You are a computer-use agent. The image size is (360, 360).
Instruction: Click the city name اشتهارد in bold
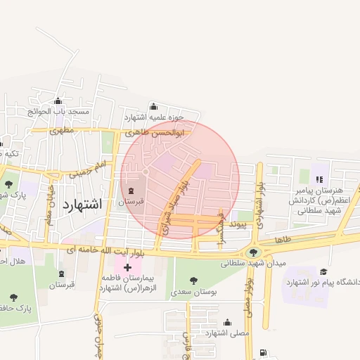(82, 204)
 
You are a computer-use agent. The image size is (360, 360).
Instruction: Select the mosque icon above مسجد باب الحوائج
(57, 101)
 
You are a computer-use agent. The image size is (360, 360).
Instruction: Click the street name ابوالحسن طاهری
(155, 132)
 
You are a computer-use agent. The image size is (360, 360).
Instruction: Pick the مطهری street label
(62, 130)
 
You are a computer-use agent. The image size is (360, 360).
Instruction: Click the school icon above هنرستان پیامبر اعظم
(319, 179)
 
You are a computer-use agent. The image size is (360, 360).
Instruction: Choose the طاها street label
(283, 239)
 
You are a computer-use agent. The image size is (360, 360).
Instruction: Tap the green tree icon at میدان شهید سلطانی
(252, 252)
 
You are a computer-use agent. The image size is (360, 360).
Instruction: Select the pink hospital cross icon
(127, 267)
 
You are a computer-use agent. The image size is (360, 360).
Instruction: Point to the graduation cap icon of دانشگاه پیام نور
(323, 271)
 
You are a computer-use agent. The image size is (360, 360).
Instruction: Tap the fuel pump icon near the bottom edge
(263, 352)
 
